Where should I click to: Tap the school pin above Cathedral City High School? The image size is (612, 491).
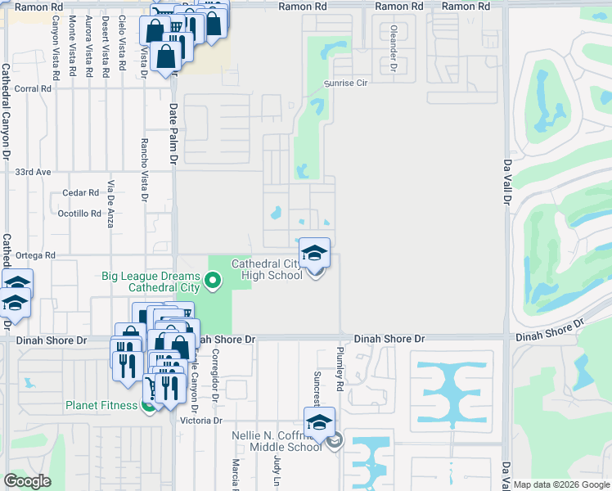point(315,253)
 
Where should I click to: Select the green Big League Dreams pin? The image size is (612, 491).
point(214,282)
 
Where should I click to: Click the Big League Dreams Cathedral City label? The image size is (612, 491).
point(151,282)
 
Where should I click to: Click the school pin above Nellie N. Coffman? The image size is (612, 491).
point(320,422)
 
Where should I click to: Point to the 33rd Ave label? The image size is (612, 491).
point(34,173)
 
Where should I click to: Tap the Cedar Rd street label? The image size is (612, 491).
point(80,194)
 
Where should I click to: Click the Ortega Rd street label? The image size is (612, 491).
point(35,255)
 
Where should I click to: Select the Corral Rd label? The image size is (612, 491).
point(33,88)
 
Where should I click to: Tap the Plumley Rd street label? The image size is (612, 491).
point(339,366)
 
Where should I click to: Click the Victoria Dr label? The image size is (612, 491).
point(201,421)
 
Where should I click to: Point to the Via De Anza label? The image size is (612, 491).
point(110,204)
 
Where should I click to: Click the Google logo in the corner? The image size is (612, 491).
point(27,481)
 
